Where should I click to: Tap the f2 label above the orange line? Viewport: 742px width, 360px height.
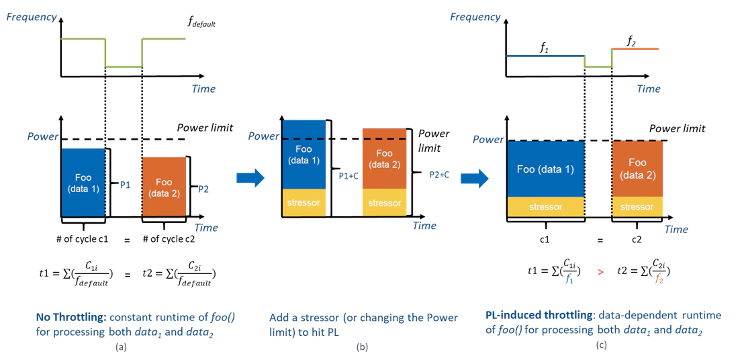click(x=631, y=42)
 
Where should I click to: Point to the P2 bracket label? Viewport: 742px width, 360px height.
click(x=204, y=189)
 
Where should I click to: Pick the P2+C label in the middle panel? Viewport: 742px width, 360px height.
click(x=439, y=174)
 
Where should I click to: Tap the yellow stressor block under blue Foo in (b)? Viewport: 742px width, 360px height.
click(x=304, y=202)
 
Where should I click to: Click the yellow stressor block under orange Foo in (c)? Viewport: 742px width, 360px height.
click(x=637, y=207)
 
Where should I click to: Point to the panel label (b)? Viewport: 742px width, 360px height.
click(x=365, y=347)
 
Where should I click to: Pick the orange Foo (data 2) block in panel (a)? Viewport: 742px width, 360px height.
click(x=164, y=187)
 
